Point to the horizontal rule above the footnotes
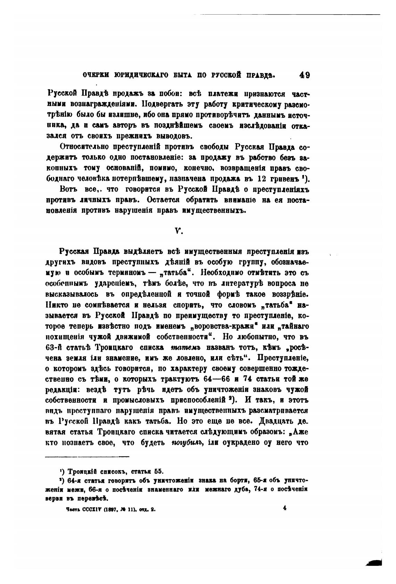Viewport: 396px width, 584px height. pos(87,457)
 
